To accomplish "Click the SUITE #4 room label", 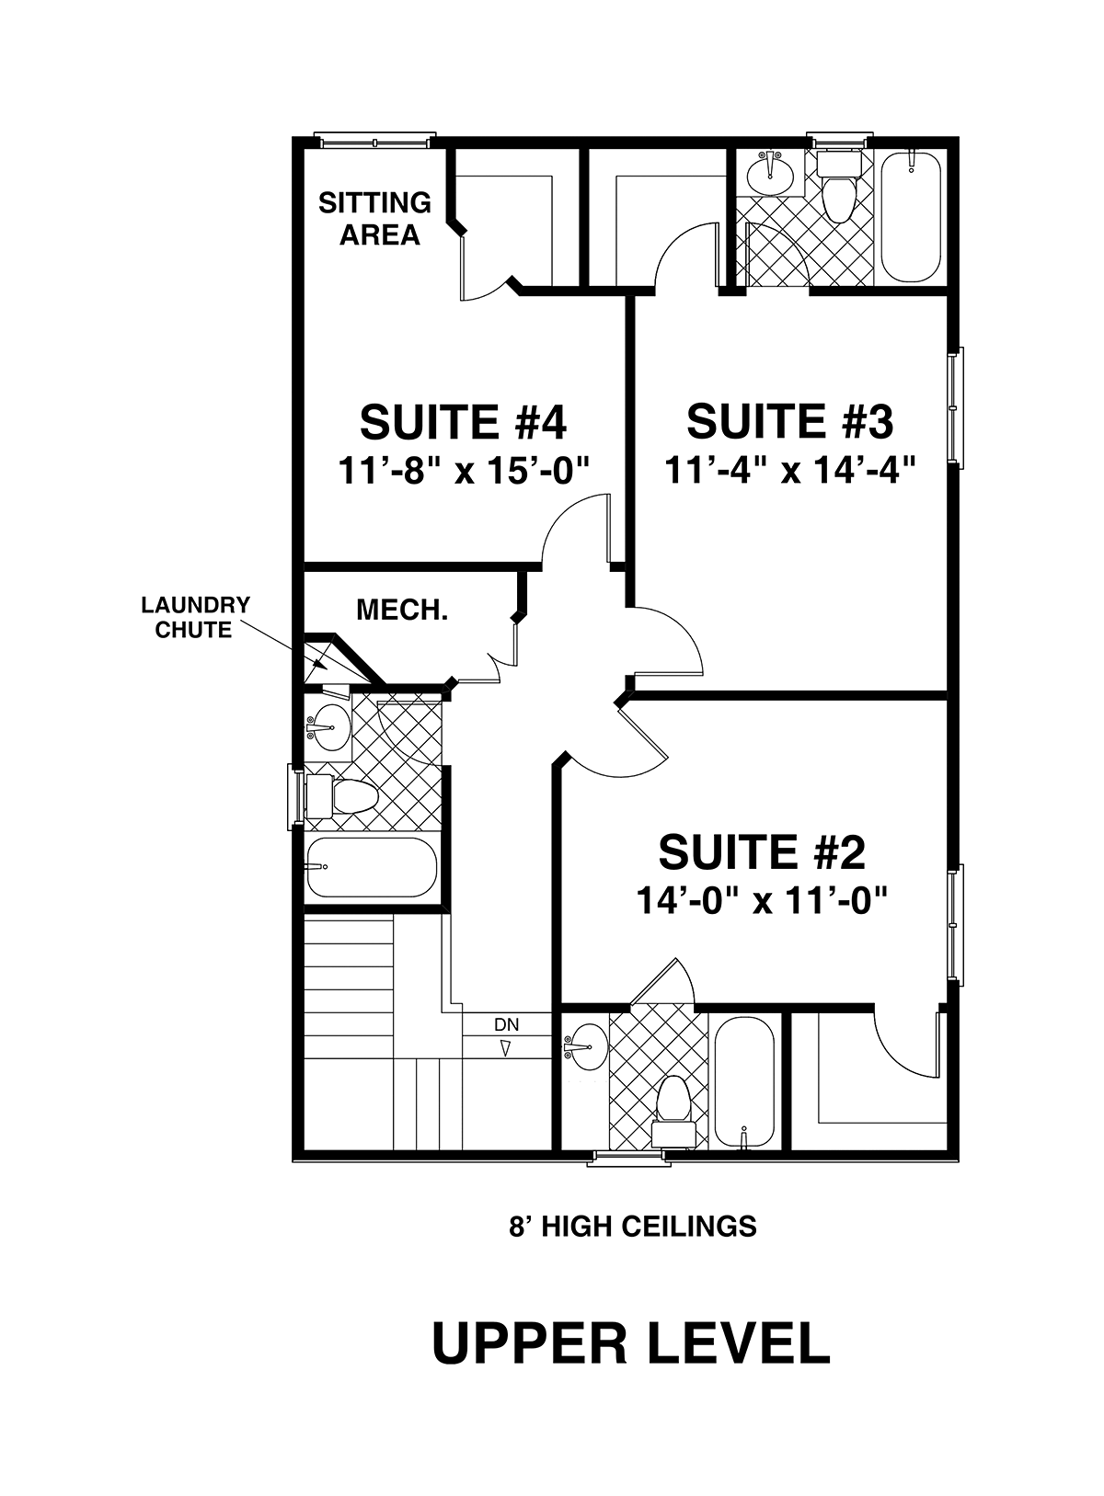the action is click(463, 421).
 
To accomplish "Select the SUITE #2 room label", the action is click(762, 851).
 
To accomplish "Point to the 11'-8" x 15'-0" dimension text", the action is click(465, 470).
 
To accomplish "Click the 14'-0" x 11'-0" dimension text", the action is click(762, 900).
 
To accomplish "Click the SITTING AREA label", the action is click(375, 219).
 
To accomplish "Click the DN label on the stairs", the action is click(506, 1023).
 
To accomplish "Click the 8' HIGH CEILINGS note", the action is click(633, 1227).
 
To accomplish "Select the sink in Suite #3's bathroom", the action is click(770, 173).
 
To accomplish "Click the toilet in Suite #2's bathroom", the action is click(674, 1111).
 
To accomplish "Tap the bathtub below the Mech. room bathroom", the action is click(372, 868).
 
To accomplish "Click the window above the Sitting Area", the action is click(375, 141).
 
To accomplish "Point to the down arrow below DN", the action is click(506, 1048).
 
